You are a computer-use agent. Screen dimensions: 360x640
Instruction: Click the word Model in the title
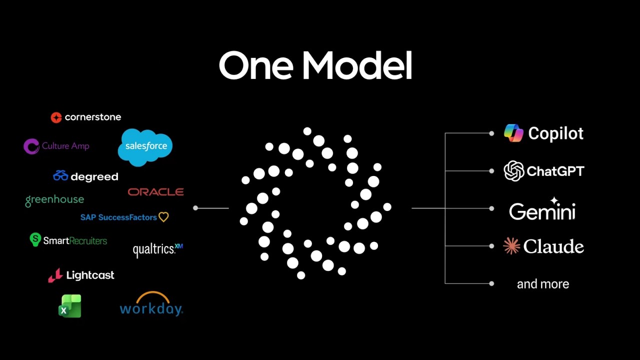click(x=357, y=66)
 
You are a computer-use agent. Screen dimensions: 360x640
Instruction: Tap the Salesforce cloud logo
click(x=145, y=146)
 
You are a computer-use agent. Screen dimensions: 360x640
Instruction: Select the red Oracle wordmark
click(x=155, y=192)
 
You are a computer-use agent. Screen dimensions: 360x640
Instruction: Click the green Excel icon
click(x=70, y=306)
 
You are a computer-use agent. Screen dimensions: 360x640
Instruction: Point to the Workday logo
click(x=151, y=305)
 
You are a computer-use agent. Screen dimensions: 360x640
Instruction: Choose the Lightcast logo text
click(x=90, y=275)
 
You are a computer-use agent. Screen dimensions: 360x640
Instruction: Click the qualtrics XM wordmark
click(x=157, y=249)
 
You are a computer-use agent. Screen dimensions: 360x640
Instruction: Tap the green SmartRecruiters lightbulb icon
click(x=35, y=239)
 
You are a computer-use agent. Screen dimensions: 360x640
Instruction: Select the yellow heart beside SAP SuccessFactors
click(x=163, y=217)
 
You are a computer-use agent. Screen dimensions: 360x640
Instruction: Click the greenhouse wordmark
click(x=54, y=199)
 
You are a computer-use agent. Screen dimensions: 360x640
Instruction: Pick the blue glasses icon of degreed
click(x=60, y=176)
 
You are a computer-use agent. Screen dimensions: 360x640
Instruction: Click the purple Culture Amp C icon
click(x=31, y=146)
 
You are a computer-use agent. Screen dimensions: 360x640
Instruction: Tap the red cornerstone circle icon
click(x=56, y=117)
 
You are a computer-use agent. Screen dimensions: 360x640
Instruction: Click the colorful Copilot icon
click(x=513, y=133)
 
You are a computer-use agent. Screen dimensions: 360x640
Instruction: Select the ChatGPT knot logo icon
click(x=513, y=171)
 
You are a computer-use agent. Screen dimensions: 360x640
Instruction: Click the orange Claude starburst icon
click(x=511, y=246)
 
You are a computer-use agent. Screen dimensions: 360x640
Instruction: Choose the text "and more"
click(x=542, y=284)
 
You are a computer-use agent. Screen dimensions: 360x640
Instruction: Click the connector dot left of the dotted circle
click(x=195, y=208)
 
